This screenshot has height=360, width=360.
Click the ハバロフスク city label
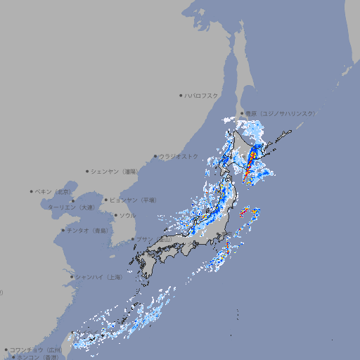pyautogui.click(x=202, y=95)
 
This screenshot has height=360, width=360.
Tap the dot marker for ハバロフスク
pyautogui.click(x=181, y=95)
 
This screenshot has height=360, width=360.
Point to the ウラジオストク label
pyautogui.click(x=179, y=156)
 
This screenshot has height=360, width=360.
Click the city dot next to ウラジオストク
pyautogui.click(x=155, y=156)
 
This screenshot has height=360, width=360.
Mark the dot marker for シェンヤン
pyautogui.click(x=88, y=171)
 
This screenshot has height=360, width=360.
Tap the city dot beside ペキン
pyautogui.click(x=32, y=191)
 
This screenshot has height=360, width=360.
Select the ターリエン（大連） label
pyautogui.click(x=71, y=207)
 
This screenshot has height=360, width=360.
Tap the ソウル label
pyautogui.click(x=127, y=215)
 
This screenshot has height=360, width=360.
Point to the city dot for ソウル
pyautogui.click(x=115, y=215)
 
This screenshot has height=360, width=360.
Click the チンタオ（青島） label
pyautogui.click(x=88, y=230)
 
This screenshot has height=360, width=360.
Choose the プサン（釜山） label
pyautogui.click(x=154, y=240)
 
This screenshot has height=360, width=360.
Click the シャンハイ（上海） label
pyautogui.click(x=99, y=277)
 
